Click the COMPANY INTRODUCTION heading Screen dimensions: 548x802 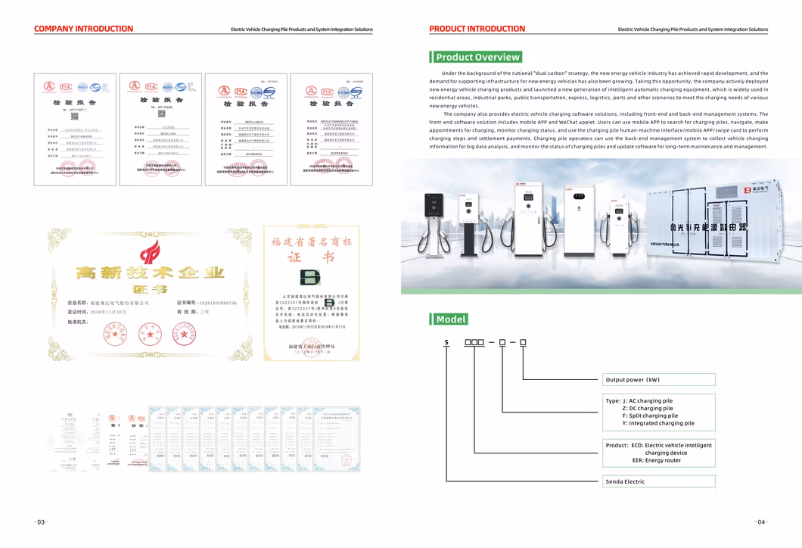click(x=83, y=29)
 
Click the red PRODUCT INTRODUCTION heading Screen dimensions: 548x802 click(x=477, y=29)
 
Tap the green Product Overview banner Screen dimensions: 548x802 click(x=477, y=57)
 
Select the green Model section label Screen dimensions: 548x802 click(x=450, y=319)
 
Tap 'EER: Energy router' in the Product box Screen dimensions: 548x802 click(x=656, y=460)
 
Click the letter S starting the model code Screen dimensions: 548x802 click(x=446, y=343)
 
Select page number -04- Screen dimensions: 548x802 click(x=761, y=522)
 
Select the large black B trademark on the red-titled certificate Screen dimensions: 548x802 click(x=310, y=276)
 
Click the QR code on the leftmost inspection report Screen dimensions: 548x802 click(x=75, y=116)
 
